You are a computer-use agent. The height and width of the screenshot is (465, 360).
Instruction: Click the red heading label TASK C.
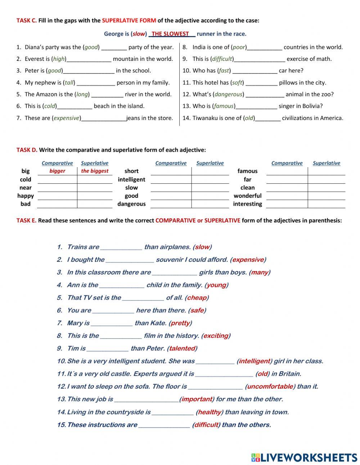coord(26,21)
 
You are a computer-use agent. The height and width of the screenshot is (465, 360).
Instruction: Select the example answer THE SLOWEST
coord(170,34)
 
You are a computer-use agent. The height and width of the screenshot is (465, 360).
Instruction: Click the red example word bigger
coord(57,171)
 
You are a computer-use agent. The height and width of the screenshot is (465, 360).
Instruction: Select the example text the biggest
coord(95,171)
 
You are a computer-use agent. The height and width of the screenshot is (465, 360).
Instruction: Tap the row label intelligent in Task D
coord(131,179)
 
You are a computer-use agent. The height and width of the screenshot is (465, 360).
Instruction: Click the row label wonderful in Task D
coord(247,196)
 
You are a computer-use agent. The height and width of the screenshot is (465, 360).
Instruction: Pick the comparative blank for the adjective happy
coord(57,196)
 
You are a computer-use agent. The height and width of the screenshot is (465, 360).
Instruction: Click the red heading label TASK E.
coord(26,220)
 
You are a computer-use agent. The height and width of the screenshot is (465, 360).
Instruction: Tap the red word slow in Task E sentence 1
coord(202,247)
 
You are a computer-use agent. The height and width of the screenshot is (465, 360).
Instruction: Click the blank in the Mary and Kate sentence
coord(111,323)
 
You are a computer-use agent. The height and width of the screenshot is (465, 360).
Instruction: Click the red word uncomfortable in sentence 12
coord(270,386)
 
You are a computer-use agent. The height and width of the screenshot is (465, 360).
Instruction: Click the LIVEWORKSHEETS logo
coord(304,457)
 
